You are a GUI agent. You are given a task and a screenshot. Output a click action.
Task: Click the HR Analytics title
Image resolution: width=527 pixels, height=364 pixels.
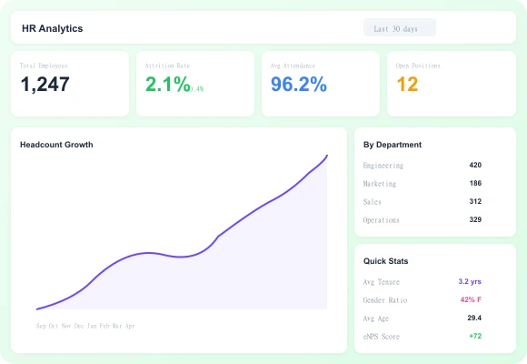pyautogui.click(x=53, y=28)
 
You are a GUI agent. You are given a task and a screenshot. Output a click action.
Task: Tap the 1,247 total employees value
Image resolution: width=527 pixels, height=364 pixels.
pyautogui.click(x=45, y=86)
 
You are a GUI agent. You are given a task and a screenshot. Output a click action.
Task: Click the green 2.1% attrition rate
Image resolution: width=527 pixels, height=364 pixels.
pyautogui.click(x=168, y=86)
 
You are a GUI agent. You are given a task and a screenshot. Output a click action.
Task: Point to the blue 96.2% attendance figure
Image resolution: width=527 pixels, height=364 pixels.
pyautogui.click(x=299, y=86)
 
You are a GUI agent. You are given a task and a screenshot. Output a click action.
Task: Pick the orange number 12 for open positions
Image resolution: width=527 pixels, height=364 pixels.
pyautogui.click(x=407, y=86)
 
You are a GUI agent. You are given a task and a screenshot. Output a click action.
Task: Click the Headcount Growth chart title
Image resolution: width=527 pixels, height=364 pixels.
pyautogui.click(x=56, y=145)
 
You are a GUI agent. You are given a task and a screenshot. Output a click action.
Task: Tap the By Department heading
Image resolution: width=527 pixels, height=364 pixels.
pyautogui.click(x=393, y=145)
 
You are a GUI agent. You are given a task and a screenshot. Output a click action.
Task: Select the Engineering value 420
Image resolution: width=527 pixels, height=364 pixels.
pyautogui.click(x=475, y=165)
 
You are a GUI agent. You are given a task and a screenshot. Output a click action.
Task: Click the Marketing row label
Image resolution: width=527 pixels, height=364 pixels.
pyautogui.click(x=380, y=183)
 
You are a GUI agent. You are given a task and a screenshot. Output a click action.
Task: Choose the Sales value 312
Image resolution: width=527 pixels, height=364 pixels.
pyautogui.click(x=475, y=201)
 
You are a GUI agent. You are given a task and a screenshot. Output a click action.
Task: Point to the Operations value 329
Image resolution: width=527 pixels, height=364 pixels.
pyautogui.click(x=475, y=219)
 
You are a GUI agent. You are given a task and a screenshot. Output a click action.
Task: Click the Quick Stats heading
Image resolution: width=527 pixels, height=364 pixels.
pyautogui.click(x=386, y=261)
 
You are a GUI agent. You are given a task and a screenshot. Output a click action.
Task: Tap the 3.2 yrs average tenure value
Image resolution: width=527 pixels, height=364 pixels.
pyautogui.click(x=470, y=281)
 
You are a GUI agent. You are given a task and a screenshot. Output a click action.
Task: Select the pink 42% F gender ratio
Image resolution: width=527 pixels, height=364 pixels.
pyautogui.click(x=470, y=299)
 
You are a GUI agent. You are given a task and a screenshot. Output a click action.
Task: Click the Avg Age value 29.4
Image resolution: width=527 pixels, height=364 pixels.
pyautogui.click(x=474, y=318)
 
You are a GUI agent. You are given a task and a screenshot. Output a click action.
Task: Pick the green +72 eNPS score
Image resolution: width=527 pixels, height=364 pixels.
pyautogui.click(x=474, y=336)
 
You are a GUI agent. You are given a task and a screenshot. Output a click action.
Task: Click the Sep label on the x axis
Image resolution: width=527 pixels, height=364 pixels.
pyautogui.click(x=41, y=325)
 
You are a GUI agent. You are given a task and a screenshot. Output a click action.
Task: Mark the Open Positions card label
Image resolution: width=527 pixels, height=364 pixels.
pyautogui.click(x=416, y=66)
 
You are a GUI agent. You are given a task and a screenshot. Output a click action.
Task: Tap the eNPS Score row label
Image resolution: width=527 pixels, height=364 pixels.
pyautogui.click(x=382, y=336)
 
